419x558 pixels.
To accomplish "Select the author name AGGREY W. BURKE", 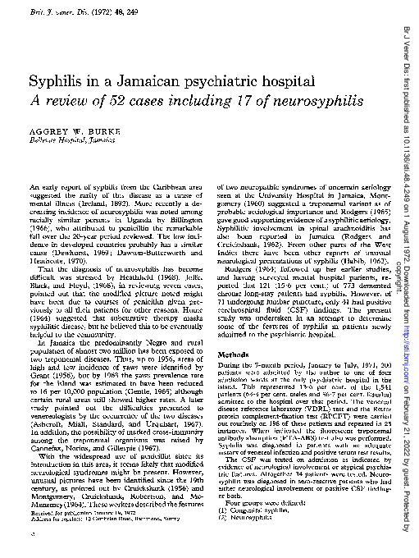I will [86, 132].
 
